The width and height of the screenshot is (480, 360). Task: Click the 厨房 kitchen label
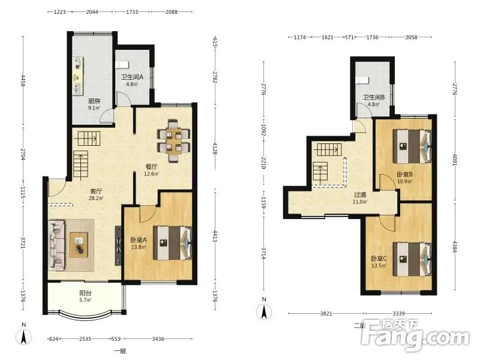[x=94, y=101]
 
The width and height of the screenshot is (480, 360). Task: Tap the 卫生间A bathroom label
[x=132, y=77]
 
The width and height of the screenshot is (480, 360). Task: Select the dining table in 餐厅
[x=173, y=142]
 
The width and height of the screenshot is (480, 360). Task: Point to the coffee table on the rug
[x=79, y=245]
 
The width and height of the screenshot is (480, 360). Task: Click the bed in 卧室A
[x=173, y=243]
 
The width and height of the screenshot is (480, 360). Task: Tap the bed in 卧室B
[x=412, y=146]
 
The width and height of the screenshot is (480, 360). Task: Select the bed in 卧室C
[x=412, y=260]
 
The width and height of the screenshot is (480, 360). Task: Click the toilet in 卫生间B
[x=363, y=80]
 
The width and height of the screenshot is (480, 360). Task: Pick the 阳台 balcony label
[x=85, y=293]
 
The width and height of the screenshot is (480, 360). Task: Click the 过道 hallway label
[x=360, y=194]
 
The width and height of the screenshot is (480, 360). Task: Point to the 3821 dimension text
[x=326, y=313]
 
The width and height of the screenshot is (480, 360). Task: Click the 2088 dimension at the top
[x=172, y=12]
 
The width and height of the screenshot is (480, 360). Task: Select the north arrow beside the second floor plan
[x=264, y=311]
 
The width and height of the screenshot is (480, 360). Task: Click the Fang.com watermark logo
[x=415, y=335]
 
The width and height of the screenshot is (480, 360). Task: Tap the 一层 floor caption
[x=120, y=351]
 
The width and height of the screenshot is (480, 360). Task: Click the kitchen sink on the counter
[x=77, y=88]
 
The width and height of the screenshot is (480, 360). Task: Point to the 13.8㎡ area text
[x=139, y=247]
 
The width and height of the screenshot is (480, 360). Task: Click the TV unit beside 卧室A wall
[x=118, y=245]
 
